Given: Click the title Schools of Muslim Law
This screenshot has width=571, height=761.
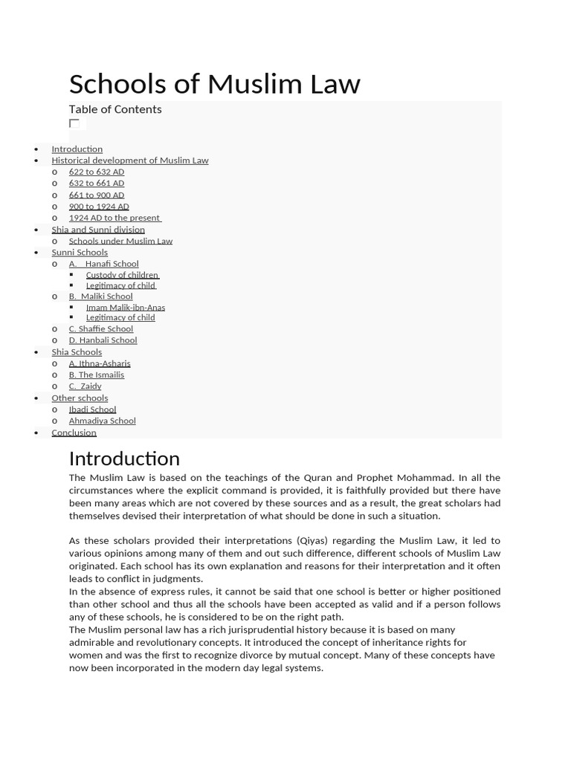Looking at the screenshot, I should (x=214, y=84).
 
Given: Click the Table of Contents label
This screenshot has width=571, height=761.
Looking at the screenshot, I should (x=115, y=109).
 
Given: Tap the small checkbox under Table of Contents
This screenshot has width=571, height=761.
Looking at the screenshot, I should (x=74, y=123).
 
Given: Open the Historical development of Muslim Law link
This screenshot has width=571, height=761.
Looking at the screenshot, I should (x=129, y=161).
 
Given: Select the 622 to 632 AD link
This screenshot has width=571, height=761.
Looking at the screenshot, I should (x=96, y=172).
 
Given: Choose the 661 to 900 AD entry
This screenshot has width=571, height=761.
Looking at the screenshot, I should (x=96, y=195).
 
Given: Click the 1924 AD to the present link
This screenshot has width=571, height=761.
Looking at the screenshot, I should (x=114, y=218).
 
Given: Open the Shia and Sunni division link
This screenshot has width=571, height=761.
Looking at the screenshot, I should (x=97, y=230).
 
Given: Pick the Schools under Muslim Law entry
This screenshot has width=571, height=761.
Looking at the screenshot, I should (x=120, y=241).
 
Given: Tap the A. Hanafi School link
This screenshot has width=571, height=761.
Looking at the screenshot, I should (x=103, y=264).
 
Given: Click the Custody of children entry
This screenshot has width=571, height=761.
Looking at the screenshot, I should (x=122, y=275).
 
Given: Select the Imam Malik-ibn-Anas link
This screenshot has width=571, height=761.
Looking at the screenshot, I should (x=125, y=307).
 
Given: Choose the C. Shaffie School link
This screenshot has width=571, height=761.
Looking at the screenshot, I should (x=100, y=328).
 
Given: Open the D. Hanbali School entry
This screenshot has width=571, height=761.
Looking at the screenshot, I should (x=103, y=340).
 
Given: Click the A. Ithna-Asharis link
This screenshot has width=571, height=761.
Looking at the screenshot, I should (x=100, y=363).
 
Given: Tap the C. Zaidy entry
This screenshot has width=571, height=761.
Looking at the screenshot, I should (x=85, y=386).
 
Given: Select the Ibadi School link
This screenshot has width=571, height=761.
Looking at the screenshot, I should (x=92, y=409).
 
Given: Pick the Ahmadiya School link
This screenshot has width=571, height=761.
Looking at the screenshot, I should (x=102, y=421).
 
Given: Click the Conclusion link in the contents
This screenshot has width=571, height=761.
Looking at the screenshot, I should (x=74, y=433).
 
